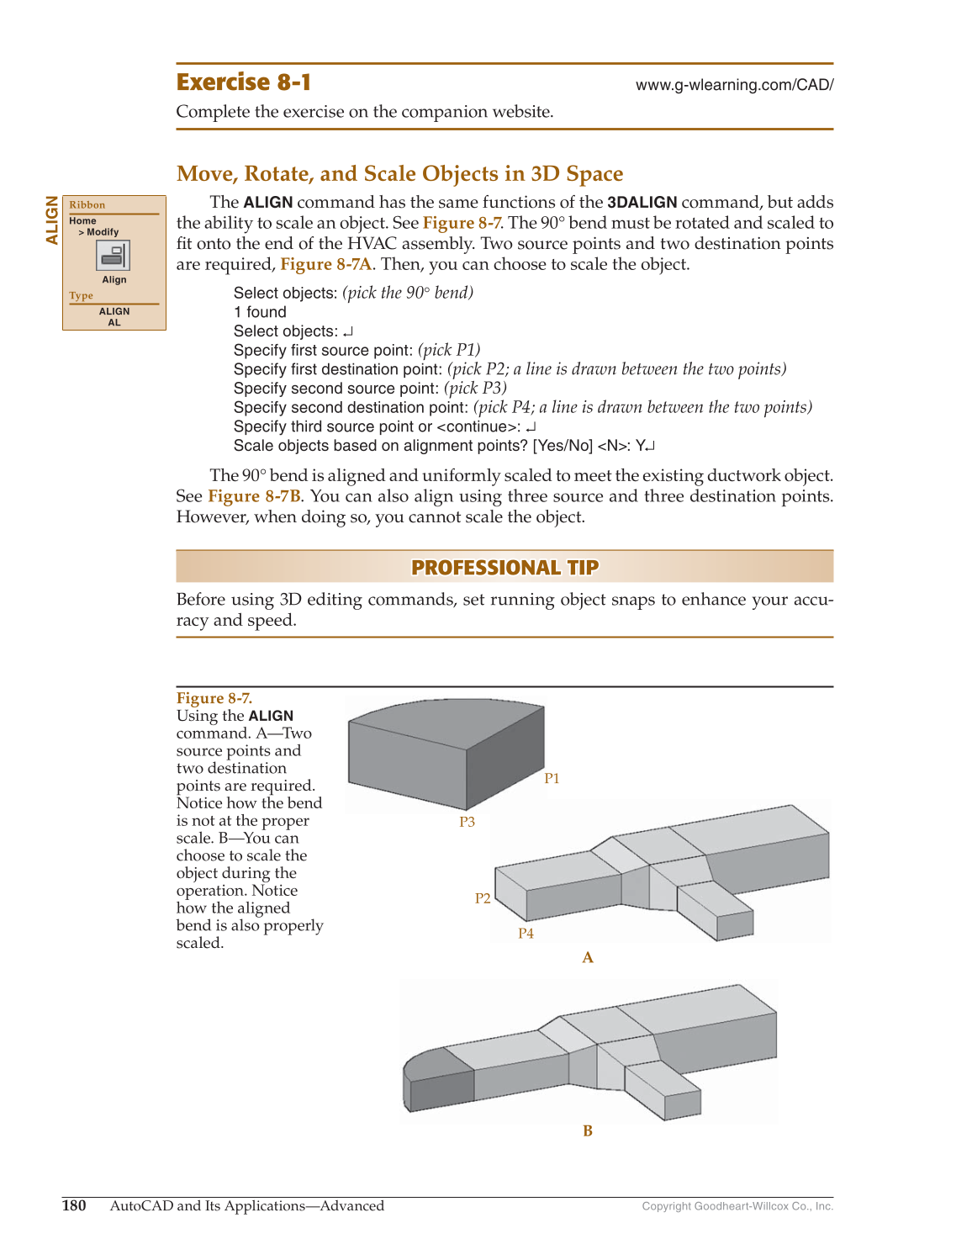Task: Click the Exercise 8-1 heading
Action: [244, 82]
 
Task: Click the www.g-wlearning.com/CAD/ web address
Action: [734, 85]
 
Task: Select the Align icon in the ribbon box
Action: [114, 256]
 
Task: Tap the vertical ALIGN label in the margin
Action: [52, 220]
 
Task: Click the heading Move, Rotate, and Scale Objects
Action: [399, 173]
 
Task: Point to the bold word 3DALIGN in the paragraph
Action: [642, 203]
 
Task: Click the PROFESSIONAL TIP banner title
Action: [504, 568]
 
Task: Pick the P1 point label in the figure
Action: [552, 779]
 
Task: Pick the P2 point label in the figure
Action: [483, 898]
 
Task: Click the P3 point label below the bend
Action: [467, 822]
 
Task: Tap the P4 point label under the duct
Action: [526, 934]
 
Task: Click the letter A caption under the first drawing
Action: [588, 958]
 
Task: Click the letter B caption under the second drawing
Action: [588, 1131]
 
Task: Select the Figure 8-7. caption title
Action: [214, 698]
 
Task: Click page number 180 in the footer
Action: [74, 1206]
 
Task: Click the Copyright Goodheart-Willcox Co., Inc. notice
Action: [737, 1206]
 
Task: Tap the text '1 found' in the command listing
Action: [260, 312]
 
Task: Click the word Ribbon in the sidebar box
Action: [87, 205]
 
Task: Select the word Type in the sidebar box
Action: [82, 296]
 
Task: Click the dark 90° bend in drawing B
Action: [437, 1081]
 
